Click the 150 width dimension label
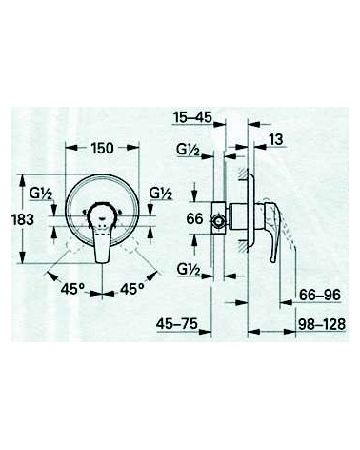point(102,148)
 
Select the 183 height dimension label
point(23,219)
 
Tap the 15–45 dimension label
point(192,117)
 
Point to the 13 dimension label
point(275,139)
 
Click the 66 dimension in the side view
point(194,218)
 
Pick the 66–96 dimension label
point(320,295)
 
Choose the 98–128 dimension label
point(322,324)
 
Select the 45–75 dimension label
point(177,324)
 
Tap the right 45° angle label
point(131,289)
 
